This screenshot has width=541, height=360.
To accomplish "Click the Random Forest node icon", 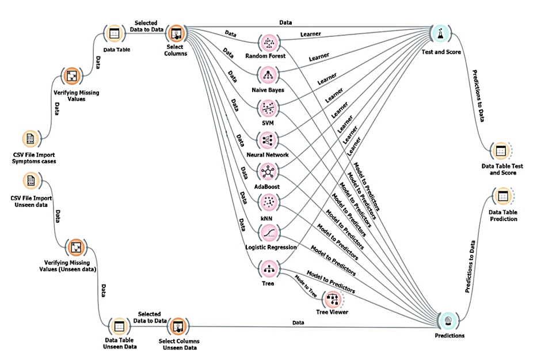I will point(269,43).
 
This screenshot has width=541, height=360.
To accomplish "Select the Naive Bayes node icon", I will point(269,75).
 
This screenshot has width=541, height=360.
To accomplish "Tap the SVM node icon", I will point(269,107).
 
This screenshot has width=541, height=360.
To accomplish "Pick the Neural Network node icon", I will point(269,140).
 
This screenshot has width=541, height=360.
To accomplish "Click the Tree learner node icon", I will point(269,268).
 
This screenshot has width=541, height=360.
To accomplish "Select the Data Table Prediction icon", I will point(502,197).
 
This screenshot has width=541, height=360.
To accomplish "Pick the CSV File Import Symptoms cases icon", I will point(30,139).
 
